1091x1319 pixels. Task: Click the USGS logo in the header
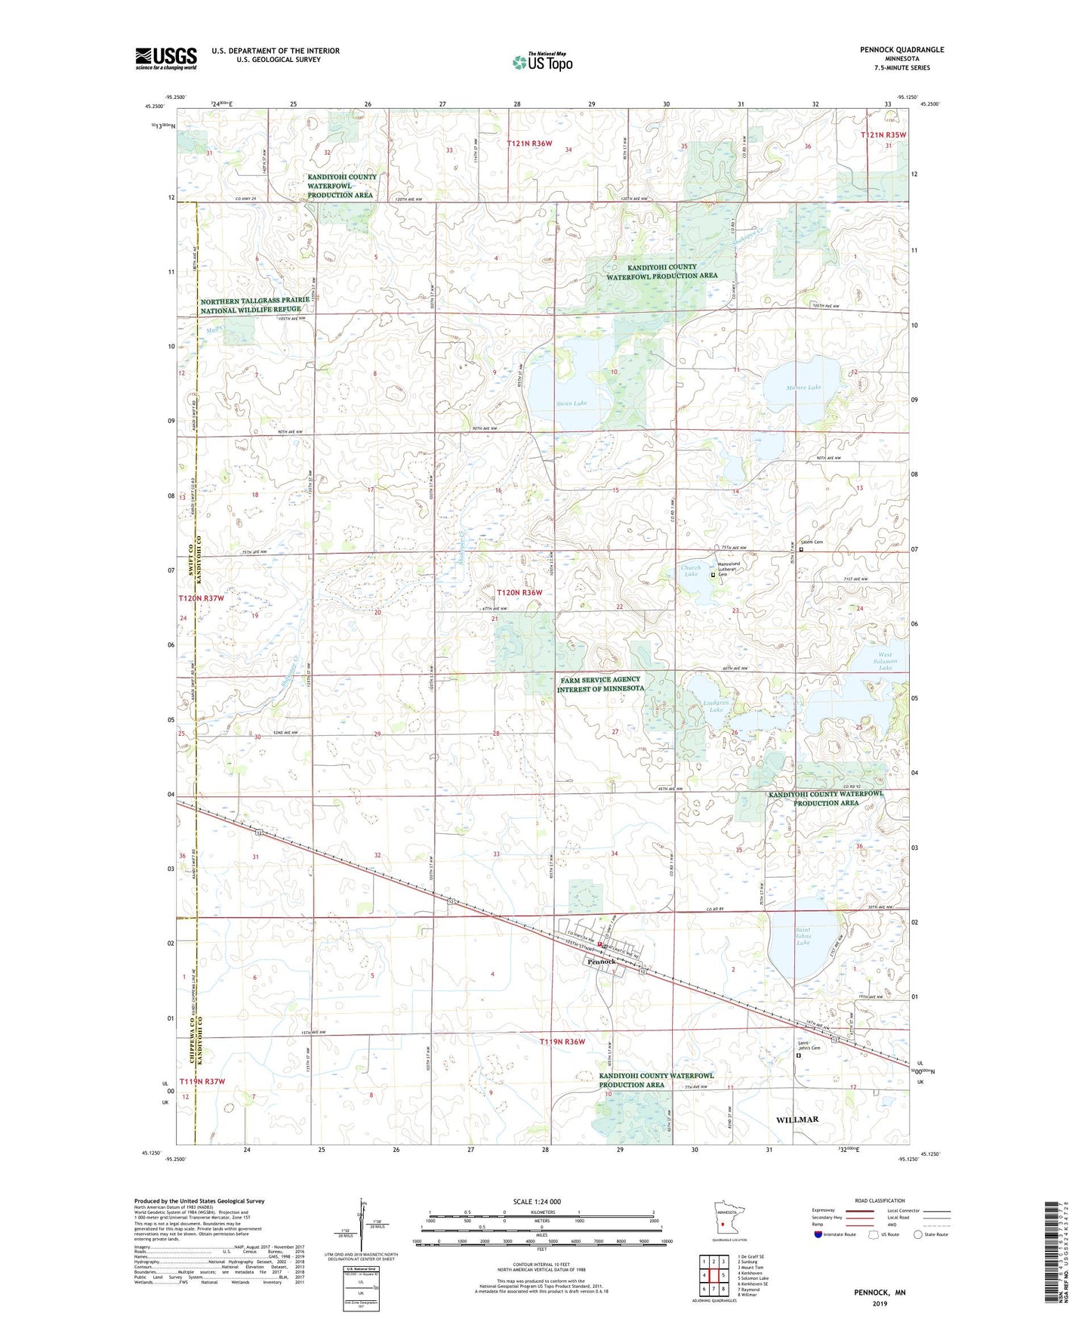pyautogui.click(x=165, y=58)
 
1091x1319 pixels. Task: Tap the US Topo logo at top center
pyautogui.click(x=541, y=62)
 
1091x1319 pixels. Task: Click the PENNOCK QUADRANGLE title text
pyautogui.click(x=901, y=50)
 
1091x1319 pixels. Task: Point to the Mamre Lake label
pyautogui.click(x=803, y=388)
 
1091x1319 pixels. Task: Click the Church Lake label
pyautogui.click(x=690, y=571)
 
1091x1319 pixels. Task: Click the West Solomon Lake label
pyautogui.click(x=884, y=661)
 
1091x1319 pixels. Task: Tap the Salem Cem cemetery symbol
pyautogui.click(x=801, y=549)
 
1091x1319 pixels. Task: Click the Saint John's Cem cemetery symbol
pyautogui.click(x=798, y=1056)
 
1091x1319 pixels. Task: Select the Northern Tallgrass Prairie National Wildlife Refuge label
pyautogui.click(x=255, y=305)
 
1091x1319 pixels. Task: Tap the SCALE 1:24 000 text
pyautogui.click(x=537, y=1201)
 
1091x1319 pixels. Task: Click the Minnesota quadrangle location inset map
pyautogui.click(x=723, y=1221)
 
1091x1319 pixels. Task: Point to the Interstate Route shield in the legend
pyautogui.click(x=819, y=1234)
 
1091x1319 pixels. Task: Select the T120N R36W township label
pyautogui.click(x=519, y=593)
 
